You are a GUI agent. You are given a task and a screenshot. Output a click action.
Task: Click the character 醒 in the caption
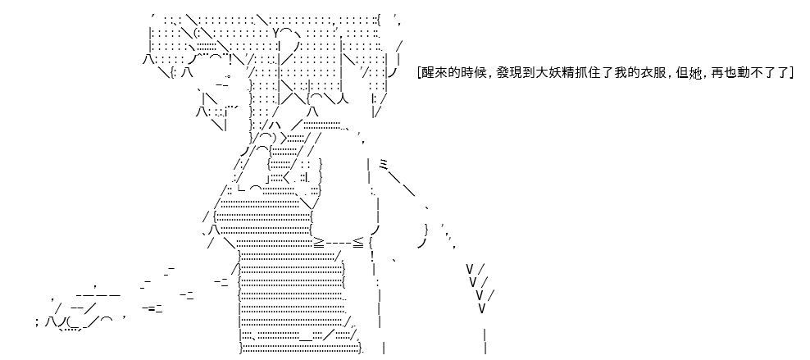(428, 73)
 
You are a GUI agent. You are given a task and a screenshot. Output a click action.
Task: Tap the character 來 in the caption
(440, 73)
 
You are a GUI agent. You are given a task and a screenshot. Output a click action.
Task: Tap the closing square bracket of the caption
(790, 73)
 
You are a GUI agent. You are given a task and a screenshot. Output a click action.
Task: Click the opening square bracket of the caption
(419, 73)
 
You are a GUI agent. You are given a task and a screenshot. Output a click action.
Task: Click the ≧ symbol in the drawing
(319, 242)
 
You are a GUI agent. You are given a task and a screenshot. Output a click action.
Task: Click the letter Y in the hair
(276, 34)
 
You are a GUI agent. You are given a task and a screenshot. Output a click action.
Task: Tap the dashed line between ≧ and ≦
(339, 242)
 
